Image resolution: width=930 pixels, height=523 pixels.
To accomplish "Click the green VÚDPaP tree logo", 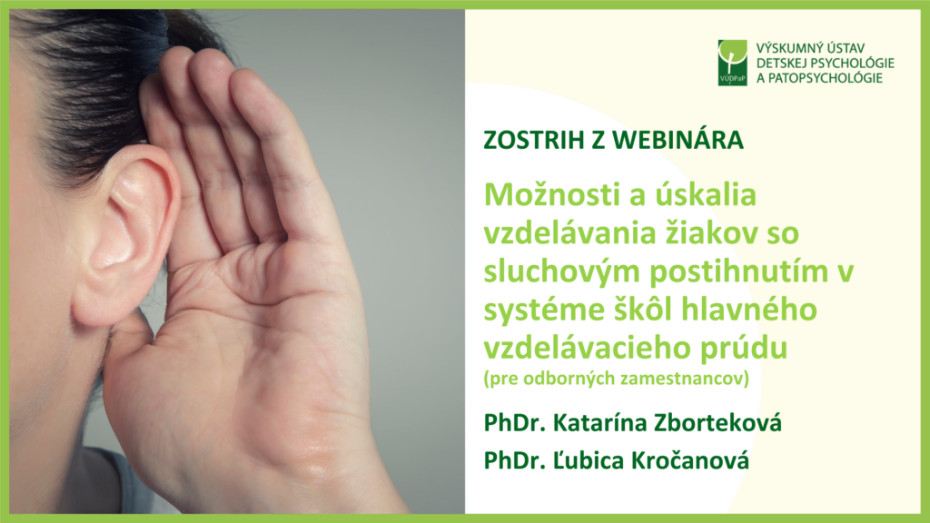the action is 733,63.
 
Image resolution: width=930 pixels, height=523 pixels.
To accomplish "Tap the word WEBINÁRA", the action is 678,139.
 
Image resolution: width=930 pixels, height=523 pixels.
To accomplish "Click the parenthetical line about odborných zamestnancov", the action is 617,379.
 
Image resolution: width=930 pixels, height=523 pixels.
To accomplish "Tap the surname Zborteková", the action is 717,422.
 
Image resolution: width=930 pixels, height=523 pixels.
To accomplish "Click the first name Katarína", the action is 599,422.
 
